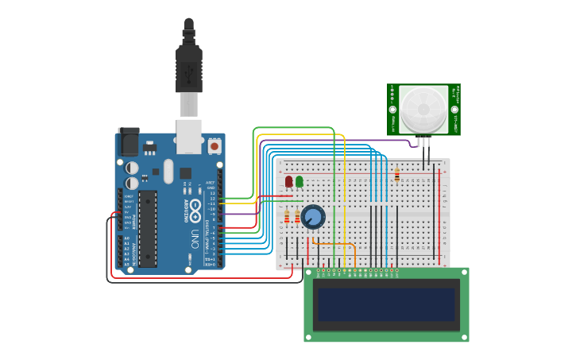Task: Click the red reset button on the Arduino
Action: [x=215, y=146]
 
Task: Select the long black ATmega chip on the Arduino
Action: [x=147, y=229]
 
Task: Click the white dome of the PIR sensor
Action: [x=423, y=110]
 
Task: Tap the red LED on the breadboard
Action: [x=289, y=181]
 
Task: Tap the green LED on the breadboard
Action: [x=300, y=181]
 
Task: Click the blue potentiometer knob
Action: [x=313, y=216]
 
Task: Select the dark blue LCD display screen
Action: [x=386, y=304]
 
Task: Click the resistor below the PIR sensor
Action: [x=396, y=176]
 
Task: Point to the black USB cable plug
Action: [x=189, y=68]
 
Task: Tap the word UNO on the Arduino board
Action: [x=195, y=238]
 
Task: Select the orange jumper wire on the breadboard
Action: [x=334, y=243]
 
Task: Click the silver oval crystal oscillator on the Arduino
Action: [x=168, y=170]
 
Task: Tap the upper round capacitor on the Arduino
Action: [x=132, y=168]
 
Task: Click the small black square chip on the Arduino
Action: [x=185, y=172]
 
